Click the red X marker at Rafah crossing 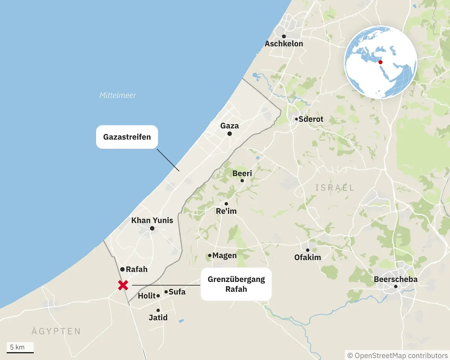click(x=123, y=285)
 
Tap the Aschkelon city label click(x=284, y=44)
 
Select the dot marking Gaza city click(x=229, y=134)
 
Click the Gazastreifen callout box click(x=127, y=137)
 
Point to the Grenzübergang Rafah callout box click(x=236, y=284)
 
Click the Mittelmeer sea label click(x=118, y=95)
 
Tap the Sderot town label click(x=311, y=119)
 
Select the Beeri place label click(x=242, y=173)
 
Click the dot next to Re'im click(x=226, y=204)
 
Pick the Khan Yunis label click(x=152, y=220)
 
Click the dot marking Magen click(x=210, y=256)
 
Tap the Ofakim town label click(x=307, y=258)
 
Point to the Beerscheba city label click(x=396, y=279)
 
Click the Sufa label click(x=177, y=292)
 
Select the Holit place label click(x=147, y=296)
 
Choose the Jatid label click(x=158, y=318)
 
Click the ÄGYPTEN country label click(x=56, y=331)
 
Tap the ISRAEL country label click(x=335, y=187)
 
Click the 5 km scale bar click(x=20, y=352)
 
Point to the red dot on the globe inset click(x=381, y=62)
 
